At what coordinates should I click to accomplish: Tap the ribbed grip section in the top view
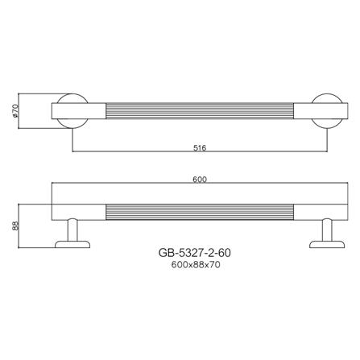(x=201, y=111)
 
